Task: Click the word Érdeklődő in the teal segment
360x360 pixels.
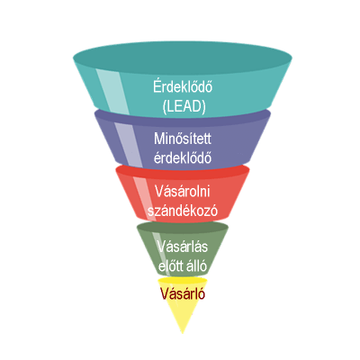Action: pos(183,86)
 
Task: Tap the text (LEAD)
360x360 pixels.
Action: pos(184,106)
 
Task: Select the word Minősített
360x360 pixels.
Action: pos(183,139)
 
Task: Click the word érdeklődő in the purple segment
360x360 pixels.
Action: pos(183,157)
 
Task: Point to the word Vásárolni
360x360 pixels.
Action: pos(183,192)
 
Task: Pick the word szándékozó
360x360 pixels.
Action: pos(183,211)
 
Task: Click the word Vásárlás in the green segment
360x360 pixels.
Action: pos(183,247)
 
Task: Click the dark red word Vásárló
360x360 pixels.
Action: pos(183,293)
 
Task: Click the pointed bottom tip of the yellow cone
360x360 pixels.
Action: pos(183,333)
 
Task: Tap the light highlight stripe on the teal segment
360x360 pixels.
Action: pos(113,92)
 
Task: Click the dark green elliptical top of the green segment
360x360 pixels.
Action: pos(183,227)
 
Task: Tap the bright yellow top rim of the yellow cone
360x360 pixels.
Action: pos(183,280)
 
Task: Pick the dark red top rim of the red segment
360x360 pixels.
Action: pos(183,171)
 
